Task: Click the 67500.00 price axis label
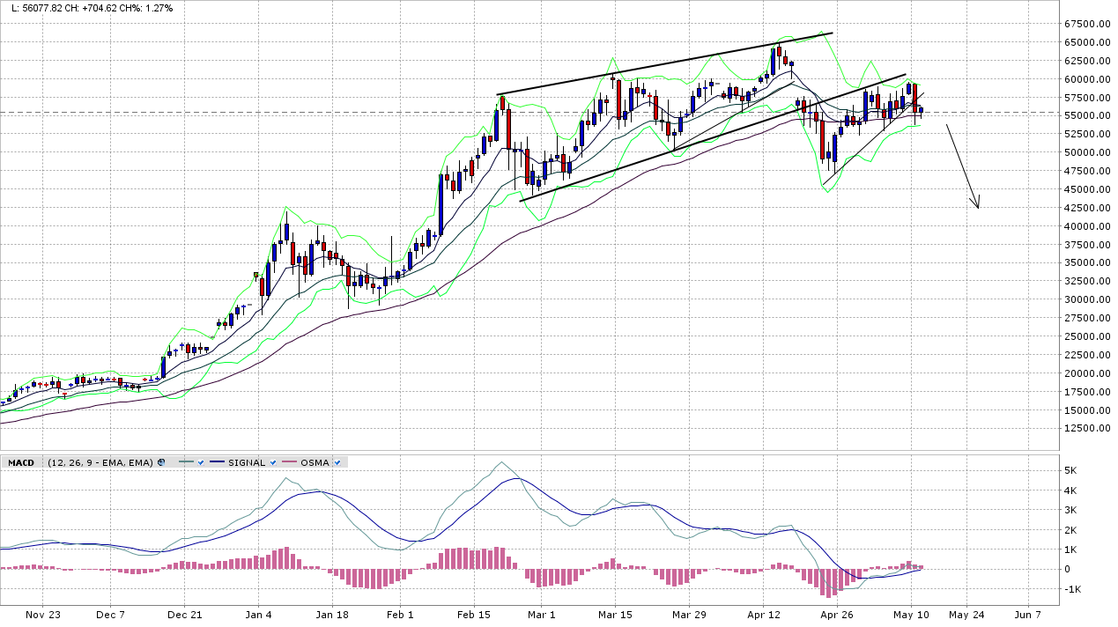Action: pos(1085,24)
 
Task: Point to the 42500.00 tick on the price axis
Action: pos(1085,208)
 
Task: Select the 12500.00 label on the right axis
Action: pos(1085,428)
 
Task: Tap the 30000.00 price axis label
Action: pos(1085,299)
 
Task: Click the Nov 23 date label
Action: pos(42,615)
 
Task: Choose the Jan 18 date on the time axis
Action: pos(333,615)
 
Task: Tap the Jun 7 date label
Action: pos(1027,615)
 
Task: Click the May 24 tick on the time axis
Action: pos(966,615)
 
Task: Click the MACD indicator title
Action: pos(20,462)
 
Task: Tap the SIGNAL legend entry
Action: pos(246,462)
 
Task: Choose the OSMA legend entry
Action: pos(314,462)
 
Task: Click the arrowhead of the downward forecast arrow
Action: pos(977,204)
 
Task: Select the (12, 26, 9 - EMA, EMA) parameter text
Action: pos(100,462)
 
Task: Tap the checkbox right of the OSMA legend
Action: pos(337,462)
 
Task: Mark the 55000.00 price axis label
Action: pos(1085,115)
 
